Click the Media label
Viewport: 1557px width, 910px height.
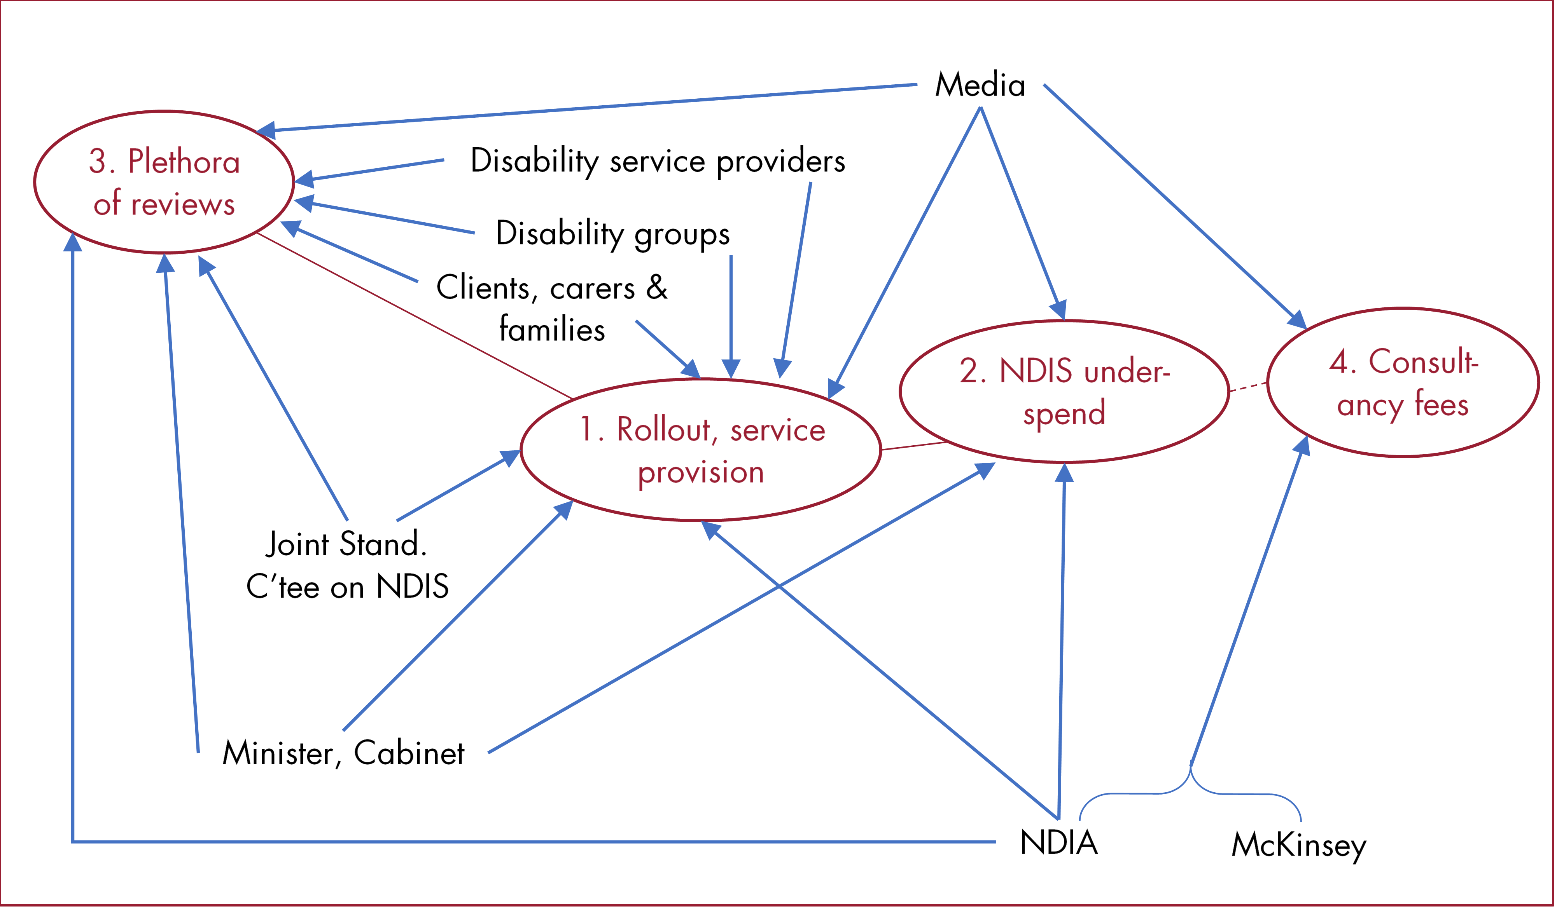click(980, 85)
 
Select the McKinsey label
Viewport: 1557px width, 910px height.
click(1298, 845)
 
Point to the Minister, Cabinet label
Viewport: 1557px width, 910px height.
click(343, 753)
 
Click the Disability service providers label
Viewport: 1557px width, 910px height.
click(658, 161)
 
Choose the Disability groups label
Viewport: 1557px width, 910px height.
click(612, 234)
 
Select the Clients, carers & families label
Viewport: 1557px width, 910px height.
click(552, 307)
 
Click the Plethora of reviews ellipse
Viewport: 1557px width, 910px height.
click(164, 182)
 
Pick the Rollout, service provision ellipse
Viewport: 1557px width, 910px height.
click(701, 450)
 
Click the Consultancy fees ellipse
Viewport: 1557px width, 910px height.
click(1403, 383)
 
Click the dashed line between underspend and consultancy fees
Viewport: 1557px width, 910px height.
click(1248, 387)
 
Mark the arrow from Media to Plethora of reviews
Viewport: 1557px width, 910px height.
click(587, 108)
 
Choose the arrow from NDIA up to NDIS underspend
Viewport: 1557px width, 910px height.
click(1062, 642)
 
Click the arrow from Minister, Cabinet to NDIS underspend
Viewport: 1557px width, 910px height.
click(742, 608)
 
